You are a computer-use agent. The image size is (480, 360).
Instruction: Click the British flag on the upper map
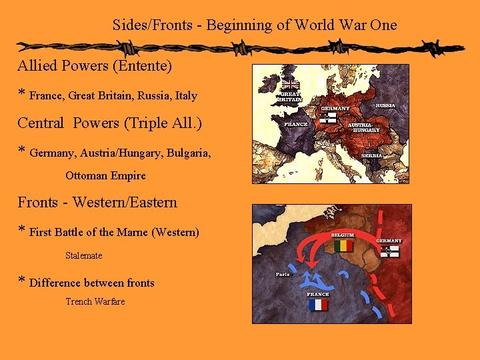pos(290,85)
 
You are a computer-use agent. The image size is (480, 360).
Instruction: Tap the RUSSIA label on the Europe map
pos(385,105)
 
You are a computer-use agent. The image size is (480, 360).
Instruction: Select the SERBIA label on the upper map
pos(372,155)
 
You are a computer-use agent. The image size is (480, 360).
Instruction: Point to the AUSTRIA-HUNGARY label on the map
pos(363,127)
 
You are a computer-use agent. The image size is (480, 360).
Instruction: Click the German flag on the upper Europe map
pos(327,118)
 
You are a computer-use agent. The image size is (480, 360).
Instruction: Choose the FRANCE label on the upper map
pos(296,124)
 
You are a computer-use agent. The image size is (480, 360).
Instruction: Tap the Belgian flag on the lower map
pos(343,246)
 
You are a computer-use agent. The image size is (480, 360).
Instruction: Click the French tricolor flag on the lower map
pos(318,305)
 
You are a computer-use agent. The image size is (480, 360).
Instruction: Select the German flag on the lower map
pos(389,251)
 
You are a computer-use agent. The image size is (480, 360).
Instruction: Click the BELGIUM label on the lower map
pos(343,235)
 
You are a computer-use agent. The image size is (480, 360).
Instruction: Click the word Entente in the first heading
pos(147,67)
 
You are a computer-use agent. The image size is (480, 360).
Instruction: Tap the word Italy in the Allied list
pos(186,96)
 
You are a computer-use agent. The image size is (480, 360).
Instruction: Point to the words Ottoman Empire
pos(105,176)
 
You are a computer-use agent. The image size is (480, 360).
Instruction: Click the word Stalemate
pos(84,255)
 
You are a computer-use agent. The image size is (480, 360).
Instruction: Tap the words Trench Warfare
pos(95,301)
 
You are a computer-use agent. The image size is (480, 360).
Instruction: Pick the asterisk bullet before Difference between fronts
pos(22,281)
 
